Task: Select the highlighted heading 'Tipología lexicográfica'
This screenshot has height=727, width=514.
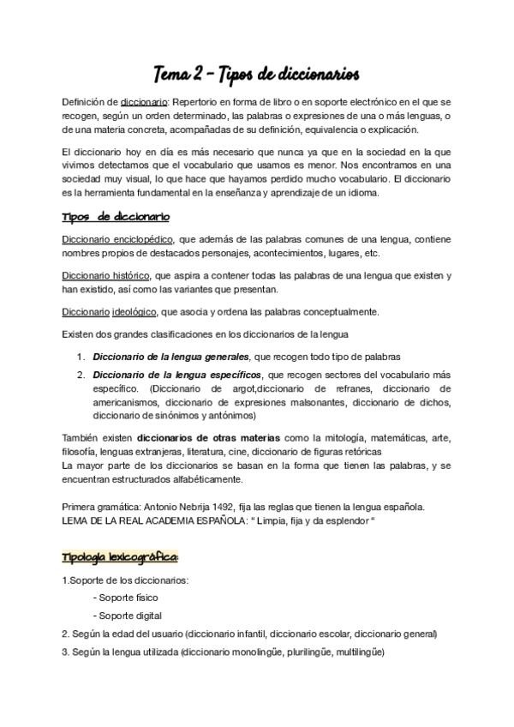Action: coord(120,557)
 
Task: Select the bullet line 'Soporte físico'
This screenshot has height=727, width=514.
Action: coord(128,598)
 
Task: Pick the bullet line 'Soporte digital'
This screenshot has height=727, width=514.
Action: coord(129,616)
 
